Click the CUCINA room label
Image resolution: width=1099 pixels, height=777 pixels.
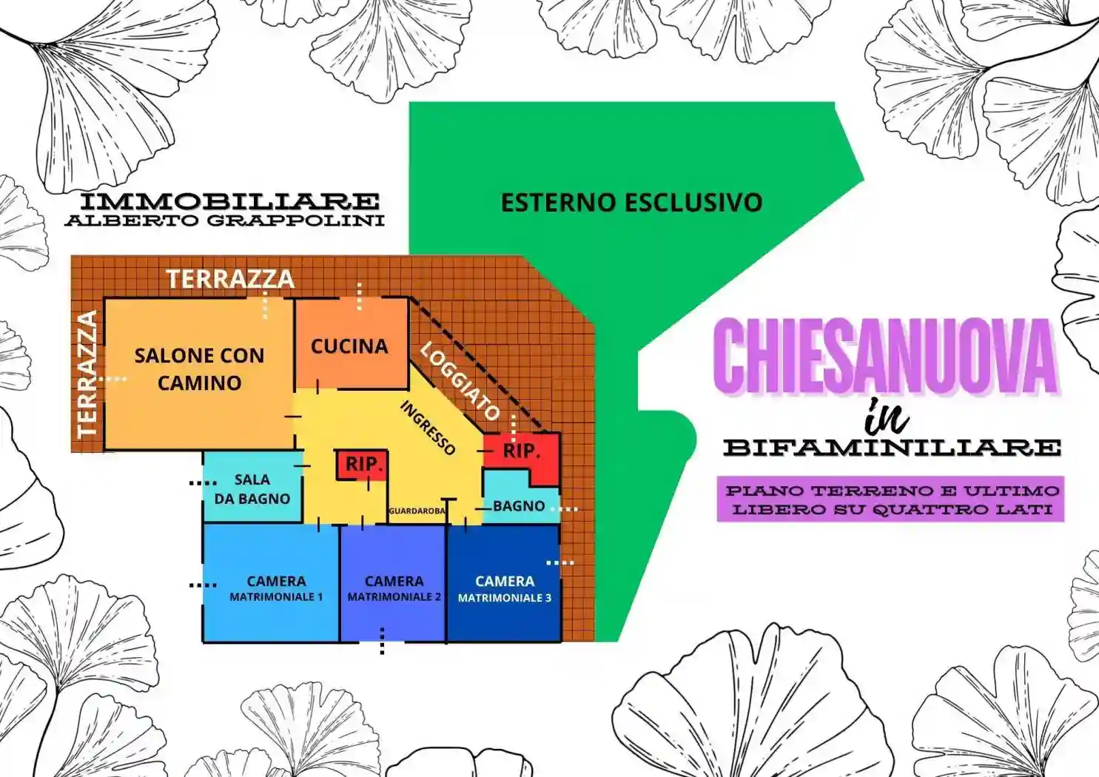[x=349, y=346]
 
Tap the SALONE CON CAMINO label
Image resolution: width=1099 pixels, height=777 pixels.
[x=199, y=369]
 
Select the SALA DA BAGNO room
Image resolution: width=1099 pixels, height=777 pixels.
[x=252, y=489]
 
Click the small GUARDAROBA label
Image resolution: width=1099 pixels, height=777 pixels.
[x=417, y=511]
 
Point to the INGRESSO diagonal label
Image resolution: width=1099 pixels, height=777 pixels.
[x=428, y=428]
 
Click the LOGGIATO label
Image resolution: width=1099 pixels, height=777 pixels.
[x=460, y=381]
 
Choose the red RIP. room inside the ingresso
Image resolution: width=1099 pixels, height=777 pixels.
[x=363, y=465]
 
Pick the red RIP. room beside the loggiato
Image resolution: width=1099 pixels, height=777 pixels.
[x=521, y=451]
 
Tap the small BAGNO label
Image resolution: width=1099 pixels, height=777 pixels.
[x=519, y=506]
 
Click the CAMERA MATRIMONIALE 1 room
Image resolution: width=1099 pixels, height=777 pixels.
[x=275, y=588]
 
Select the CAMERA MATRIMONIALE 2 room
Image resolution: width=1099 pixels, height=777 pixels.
[x=394, y=588]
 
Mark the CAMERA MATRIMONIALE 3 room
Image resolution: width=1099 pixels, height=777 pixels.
[x=504, y=588]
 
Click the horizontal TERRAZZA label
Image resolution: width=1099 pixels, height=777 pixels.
[x=230, y=279]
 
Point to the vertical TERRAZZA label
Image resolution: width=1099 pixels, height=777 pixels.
[x=87, y=374]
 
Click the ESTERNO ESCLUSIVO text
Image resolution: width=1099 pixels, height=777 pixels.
[x=631, y=203]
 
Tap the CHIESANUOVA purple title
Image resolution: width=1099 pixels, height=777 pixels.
[x=887, y=356]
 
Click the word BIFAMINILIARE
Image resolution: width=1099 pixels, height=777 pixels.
[x=892, y=448]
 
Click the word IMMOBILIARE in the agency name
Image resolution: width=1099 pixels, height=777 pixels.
[x=229, y=201]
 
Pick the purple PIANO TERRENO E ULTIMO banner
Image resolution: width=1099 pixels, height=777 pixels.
[x=891, y=499]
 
